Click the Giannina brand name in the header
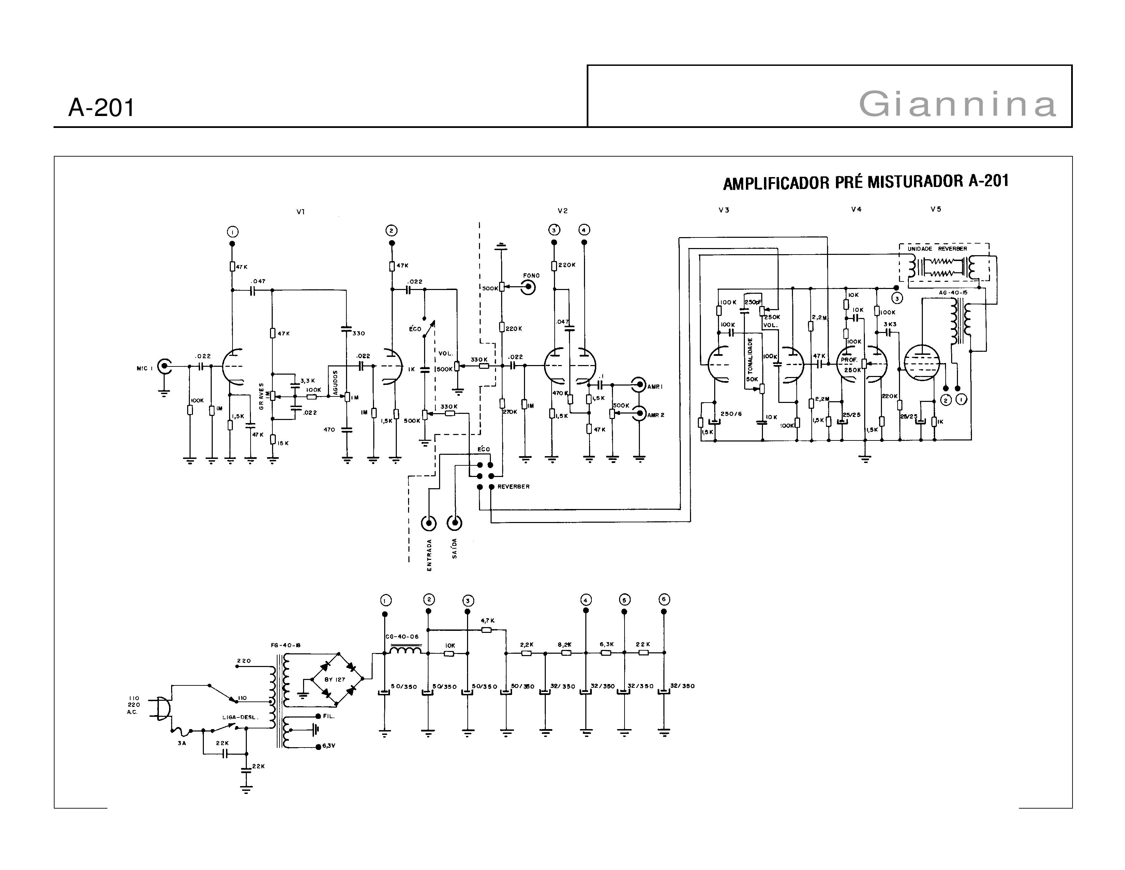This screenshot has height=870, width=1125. click(x=957, y=104)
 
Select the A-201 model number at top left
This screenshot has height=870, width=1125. click(x=102, y=108)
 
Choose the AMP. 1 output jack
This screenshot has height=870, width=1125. click(x=639, y=385)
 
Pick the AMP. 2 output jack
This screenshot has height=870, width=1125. click(x=639, y=414)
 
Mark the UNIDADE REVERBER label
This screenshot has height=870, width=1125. click(x=937, y=249)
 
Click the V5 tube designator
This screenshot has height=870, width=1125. click(x=935, y=209)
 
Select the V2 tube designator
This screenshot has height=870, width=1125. click(x=562, y=211)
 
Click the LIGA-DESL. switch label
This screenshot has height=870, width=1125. click(x=240, y=717)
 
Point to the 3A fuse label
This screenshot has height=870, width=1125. click(x=181, y=743)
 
